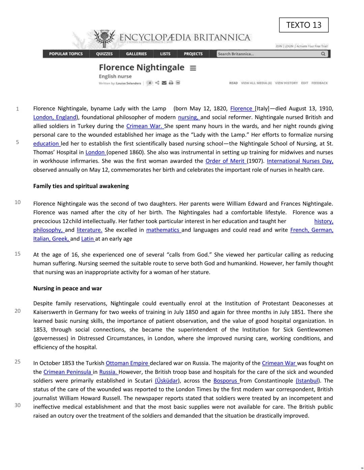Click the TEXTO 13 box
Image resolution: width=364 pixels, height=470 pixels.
(304, 25)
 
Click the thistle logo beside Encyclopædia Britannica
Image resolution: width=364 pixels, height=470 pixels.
(104, 38)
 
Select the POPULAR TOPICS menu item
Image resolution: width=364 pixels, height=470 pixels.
(66, 54)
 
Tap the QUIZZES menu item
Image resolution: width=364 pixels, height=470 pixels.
(104, 54)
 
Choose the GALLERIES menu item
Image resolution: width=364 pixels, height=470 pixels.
(136, 54)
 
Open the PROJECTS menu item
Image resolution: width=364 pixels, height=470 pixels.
(193, 54)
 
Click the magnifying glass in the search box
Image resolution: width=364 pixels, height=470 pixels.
(323, 54)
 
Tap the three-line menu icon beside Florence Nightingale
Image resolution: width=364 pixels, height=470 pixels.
(193, 68)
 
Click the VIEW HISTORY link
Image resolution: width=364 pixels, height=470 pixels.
(286, 83)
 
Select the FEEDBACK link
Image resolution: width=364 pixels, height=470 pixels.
(319, 83)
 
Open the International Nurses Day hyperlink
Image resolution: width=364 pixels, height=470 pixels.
(300, 161)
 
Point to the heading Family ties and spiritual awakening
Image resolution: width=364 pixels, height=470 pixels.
(81, 186)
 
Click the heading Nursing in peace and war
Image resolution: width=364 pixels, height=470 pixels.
(67, 288)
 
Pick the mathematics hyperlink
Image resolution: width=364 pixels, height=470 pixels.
(163, 230)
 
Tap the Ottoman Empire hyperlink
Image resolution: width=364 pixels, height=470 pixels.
(127, 363)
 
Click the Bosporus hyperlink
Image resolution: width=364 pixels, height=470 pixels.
(225, 381)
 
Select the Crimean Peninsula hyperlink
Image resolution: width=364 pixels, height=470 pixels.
(67, 372)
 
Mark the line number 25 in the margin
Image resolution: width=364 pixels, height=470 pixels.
(18, 362)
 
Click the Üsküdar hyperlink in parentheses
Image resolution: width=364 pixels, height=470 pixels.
(166, 381)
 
